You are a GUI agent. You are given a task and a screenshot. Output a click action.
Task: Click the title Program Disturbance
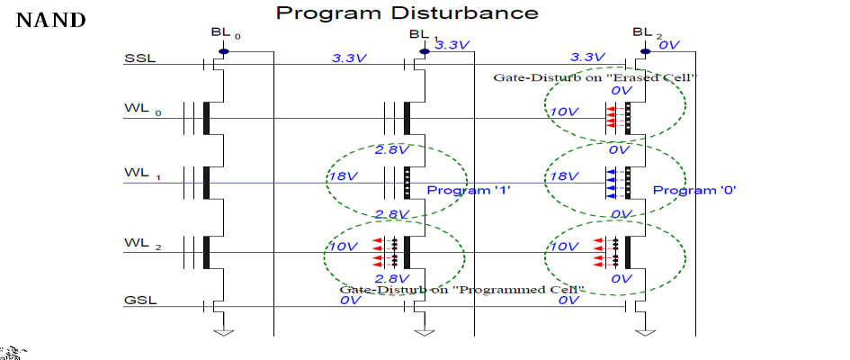tap(407, 12)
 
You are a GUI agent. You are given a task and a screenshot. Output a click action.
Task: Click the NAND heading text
tap(51, 21)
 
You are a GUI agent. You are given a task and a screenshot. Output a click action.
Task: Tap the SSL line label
tap(139, 58)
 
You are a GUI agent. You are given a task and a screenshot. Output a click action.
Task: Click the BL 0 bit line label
tap(226, 33)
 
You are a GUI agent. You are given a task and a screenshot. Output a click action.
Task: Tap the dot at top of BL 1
tap(425, 52)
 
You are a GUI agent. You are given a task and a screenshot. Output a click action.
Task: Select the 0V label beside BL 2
tap(669, 46)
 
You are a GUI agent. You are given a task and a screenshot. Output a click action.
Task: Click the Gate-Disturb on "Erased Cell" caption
tap(595, 77)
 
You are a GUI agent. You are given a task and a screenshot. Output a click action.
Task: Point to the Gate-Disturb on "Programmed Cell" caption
tap(459, 290)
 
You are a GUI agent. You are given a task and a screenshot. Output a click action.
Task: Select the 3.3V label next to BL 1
tap(452, 46)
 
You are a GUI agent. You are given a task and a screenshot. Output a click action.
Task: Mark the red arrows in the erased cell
tap(611, 118)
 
